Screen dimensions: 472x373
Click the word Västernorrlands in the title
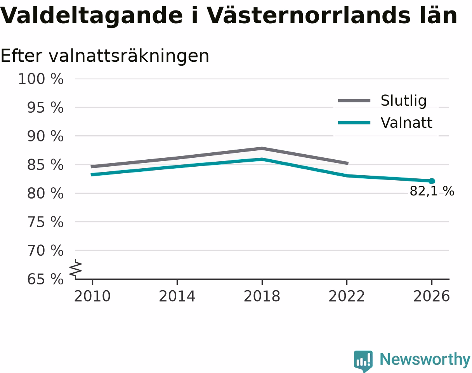(308, 16)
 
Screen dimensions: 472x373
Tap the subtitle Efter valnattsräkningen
(105, 56)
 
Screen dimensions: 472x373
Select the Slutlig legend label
(404, 101)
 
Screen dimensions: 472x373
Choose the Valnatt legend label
(406, 122)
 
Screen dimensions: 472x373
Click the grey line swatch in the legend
(354, 101)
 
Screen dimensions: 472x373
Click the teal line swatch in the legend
(354, 123)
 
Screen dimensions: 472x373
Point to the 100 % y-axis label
(41, 79)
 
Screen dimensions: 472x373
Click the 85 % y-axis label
(45, 165)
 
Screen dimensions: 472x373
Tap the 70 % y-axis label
(45, 251)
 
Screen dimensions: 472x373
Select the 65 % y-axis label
(45, 279)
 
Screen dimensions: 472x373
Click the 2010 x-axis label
(92, 296)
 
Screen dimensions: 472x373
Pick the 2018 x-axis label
(262, 296)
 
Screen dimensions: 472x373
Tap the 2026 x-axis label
(431, 296)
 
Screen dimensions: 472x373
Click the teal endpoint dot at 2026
(432, 181)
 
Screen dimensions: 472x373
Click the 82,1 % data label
(432, 191)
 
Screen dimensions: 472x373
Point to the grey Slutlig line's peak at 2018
(262, 149)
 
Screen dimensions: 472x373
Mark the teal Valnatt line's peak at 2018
(262, 159)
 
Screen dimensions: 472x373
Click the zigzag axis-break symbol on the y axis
(76, 268)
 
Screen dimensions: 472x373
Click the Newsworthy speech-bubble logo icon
(363, 360)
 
